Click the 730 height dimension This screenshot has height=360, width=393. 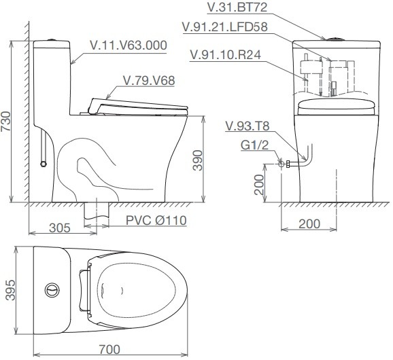[6, 120]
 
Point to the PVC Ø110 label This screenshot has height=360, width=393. [156, 219]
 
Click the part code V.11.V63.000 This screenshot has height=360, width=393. [129, 46]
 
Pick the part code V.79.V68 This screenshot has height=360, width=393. [149, 80]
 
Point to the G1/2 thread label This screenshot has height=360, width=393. [255, 145]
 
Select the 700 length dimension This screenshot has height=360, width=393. [109, 349]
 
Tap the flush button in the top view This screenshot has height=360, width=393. [52, 290]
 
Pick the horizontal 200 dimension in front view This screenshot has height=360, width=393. [309, 223]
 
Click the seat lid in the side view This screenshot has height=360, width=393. [136, 105]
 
